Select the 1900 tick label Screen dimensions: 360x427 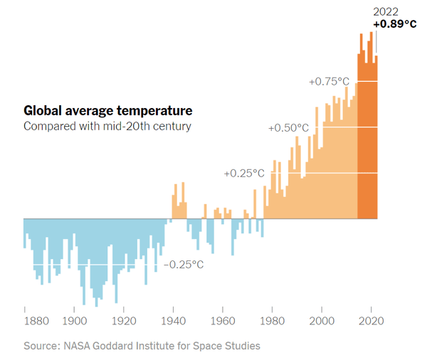click(75, 320)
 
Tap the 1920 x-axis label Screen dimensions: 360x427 click(124, 320)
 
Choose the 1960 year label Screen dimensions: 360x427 click(223, 320)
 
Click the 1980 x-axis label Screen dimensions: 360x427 click(273, 320)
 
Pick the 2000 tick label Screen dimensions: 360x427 click(322, 320)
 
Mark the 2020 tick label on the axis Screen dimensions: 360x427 click(371, 320)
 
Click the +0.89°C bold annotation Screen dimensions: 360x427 click(394, 24)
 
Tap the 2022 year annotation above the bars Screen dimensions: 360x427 click(386, 11)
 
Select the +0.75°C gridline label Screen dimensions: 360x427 click(329, 82)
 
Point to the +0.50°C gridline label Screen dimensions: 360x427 click(288, 128)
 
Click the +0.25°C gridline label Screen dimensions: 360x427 click(243, 174)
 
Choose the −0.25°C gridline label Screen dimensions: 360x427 click(184, 265)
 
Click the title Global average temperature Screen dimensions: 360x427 click(107, 111)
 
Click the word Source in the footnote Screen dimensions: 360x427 click(40, 346)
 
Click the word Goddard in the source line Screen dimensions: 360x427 click(121, 346)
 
